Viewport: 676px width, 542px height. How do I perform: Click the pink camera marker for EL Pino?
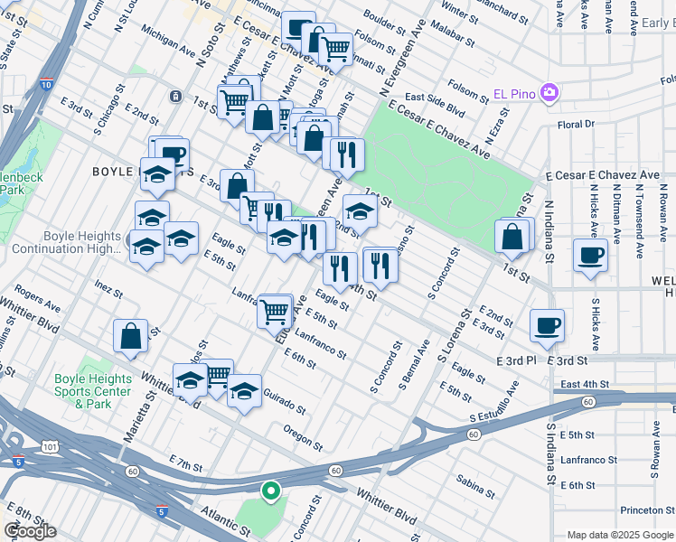549,93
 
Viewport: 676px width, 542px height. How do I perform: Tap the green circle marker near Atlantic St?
269,491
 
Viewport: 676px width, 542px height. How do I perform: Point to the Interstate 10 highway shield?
46,84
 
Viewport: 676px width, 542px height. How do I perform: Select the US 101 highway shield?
47,444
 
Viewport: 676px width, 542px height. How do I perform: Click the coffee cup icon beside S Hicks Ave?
590,256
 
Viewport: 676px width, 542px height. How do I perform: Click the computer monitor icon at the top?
298,27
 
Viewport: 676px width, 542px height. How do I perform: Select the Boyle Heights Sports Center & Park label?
93,391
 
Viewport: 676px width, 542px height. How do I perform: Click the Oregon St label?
303,438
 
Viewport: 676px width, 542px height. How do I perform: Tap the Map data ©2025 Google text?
619,535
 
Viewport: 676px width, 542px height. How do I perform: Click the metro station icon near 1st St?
174,96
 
